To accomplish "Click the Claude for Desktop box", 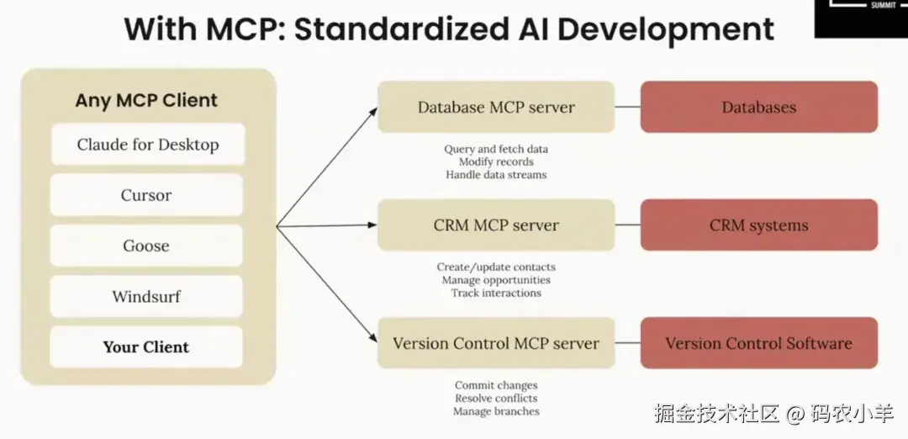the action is point(148,144).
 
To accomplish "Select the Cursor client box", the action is point(146,195).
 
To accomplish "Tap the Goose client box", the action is point(146,246).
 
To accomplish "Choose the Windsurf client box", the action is point(146,297).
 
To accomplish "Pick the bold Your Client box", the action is point(146,347).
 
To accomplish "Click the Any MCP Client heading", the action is point(146,100).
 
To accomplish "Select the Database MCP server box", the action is point(496,107).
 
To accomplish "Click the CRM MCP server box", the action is point(496,225).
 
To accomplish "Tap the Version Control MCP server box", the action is point(496,343).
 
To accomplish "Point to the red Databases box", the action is point(758,107).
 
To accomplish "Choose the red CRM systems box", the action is point(758,225).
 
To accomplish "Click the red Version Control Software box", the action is point(758,343).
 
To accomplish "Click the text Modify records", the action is point(496,161).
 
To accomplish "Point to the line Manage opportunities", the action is point(496,280).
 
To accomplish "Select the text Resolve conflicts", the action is point(496,399).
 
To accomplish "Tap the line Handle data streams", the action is point(496,174).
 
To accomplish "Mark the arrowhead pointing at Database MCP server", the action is point(373,112).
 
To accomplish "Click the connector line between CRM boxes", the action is point(627,225).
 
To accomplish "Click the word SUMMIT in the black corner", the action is point(882,6).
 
